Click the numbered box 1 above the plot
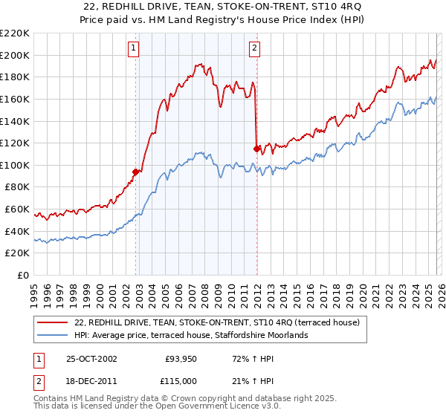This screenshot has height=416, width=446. point(133,49)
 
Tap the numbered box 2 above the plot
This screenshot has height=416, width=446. point(254,49)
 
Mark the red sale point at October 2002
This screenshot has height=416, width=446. point(136,172)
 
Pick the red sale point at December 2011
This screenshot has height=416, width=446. point(256,149)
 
